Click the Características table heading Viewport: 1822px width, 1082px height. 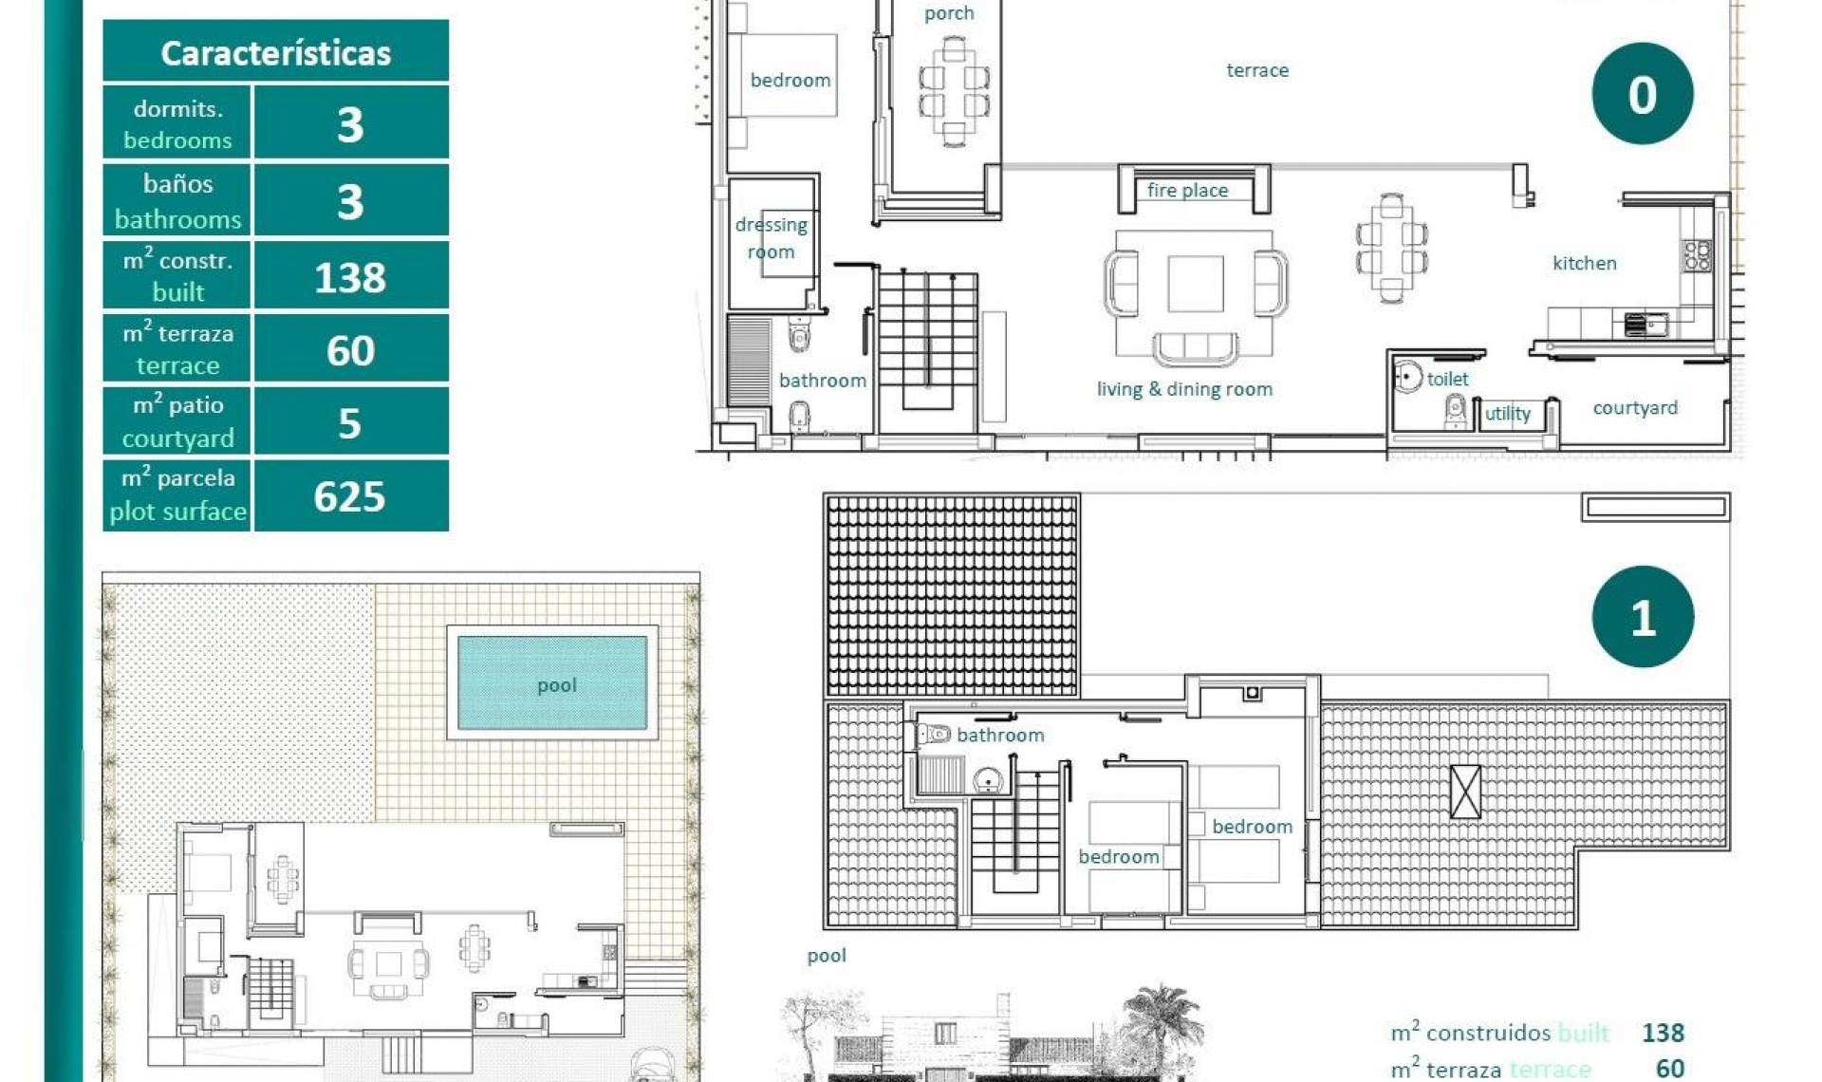[275, 52]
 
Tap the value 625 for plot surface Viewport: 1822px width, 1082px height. [350, 496]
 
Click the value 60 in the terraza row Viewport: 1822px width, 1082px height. [350, 351]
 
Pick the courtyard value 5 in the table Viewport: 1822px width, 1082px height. [350, 423]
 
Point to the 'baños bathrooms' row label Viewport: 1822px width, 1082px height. [177, 201]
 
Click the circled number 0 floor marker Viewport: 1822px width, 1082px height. [1642, 95]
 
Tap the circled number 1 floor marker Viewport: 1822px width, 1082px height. [1642, 618]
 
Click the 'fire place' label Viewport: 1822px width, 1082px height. [1187, 191]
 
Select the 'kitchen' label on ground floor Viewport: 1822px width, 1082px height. [1584, 264]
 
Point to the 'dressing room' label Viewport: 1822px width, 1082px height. [771, 238]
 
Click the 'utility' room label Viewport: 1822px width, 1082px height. [1507, 414]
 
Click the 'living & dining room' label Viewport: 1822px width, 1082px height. [1184, 389]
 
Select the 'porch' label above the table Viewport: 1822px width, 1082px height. [949, 13]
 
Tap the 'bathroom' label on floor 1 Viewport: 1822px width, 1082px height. [1000, 736]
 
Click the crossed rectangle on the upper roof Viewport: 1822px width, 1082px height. [1465, 792]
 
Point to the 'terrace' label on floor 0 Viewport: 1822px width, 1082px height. [1257, 70]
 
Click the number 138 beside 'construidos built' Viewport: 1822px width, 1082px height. [1663, 1033]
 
